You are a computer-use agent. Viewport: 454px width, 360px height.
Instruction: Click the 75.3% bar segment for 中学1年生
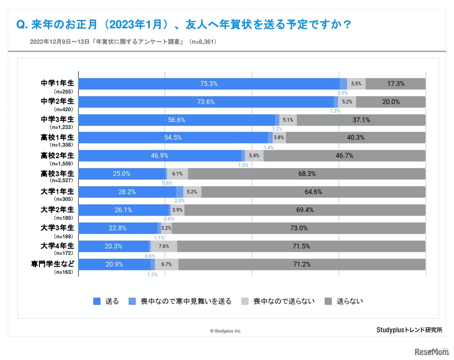tap(209, 84)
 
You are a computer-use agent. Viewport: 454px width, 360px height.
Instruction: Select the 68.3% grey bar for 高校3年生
tap(307, 174)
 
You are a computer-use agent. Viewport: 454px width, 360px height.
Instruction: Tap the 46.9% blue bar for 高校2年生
tap(160, 156)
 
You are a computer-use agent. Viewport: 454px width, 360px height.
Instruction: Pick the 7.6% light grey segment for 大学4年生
tap(164, 246)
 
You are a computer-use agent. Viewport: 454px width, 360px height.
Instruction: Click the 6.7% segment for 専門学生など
tap(166, 264)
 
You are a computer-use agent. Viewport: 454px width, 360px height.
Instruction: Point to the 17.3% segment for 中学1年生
tap(395, 84)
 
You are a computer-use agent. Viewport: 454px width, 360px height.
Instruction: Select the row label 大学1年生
tap(57, 192)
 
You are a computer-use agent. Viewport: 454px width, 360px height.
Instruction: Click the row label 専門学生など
tap(52, 264)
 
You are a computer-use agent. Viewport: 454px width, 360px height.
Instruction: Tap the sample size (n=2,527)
tap(61, 180)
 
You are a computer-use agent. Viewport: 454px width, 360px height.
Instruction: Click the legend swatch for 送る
tap(97, 301)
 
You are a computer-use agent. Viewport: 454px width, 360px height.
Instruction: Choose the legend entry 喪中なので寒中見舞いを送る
tap(186, 301)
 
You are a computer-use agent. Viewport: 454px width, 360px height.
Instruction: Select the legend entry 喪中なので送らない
tap(284, 301)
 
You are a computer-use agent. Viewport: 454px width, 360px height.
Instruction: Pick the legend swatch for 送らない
tap(328, 301)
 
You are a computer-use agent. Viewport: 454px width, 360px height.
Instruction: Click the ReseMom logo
tap(432, 351)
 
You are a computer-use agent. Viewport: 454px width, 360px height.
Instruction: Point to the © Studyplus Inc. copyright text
tap(226, 331)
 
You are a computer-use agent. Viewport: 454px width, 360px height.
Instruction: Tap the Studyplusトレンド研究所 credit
tap(409, 330)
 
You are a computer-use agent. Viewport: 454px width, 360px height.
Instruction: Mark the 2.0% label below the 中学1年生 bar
tap(343, 93)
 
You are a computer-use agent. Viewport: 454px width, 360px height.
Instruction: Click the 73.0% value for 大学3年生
tap(299, 228)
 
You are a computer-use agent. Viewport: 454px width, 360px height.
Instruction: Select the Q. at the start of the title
tap(22, 24)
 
